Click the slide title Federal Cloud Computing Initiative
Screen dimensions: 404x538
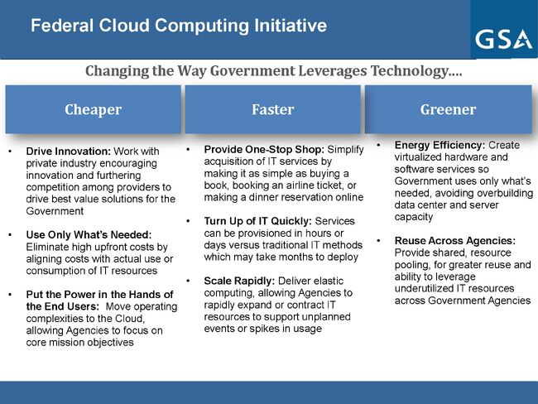click(178, 26)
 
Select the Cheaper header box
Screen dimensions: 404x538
click(93, 109)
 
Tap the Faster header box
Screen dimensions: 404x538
click(272, 109)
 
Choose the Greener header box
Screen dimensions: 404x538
click(448, 109)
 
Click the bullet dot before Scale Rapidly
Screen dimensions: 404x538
click(189, 281)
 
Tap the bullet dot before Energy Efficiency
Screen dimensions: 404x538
click(379, 145)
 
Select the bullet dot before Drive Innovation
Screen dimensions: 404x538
click(9, 152)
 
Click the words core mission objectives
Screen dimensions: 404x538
click(79, 342)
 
